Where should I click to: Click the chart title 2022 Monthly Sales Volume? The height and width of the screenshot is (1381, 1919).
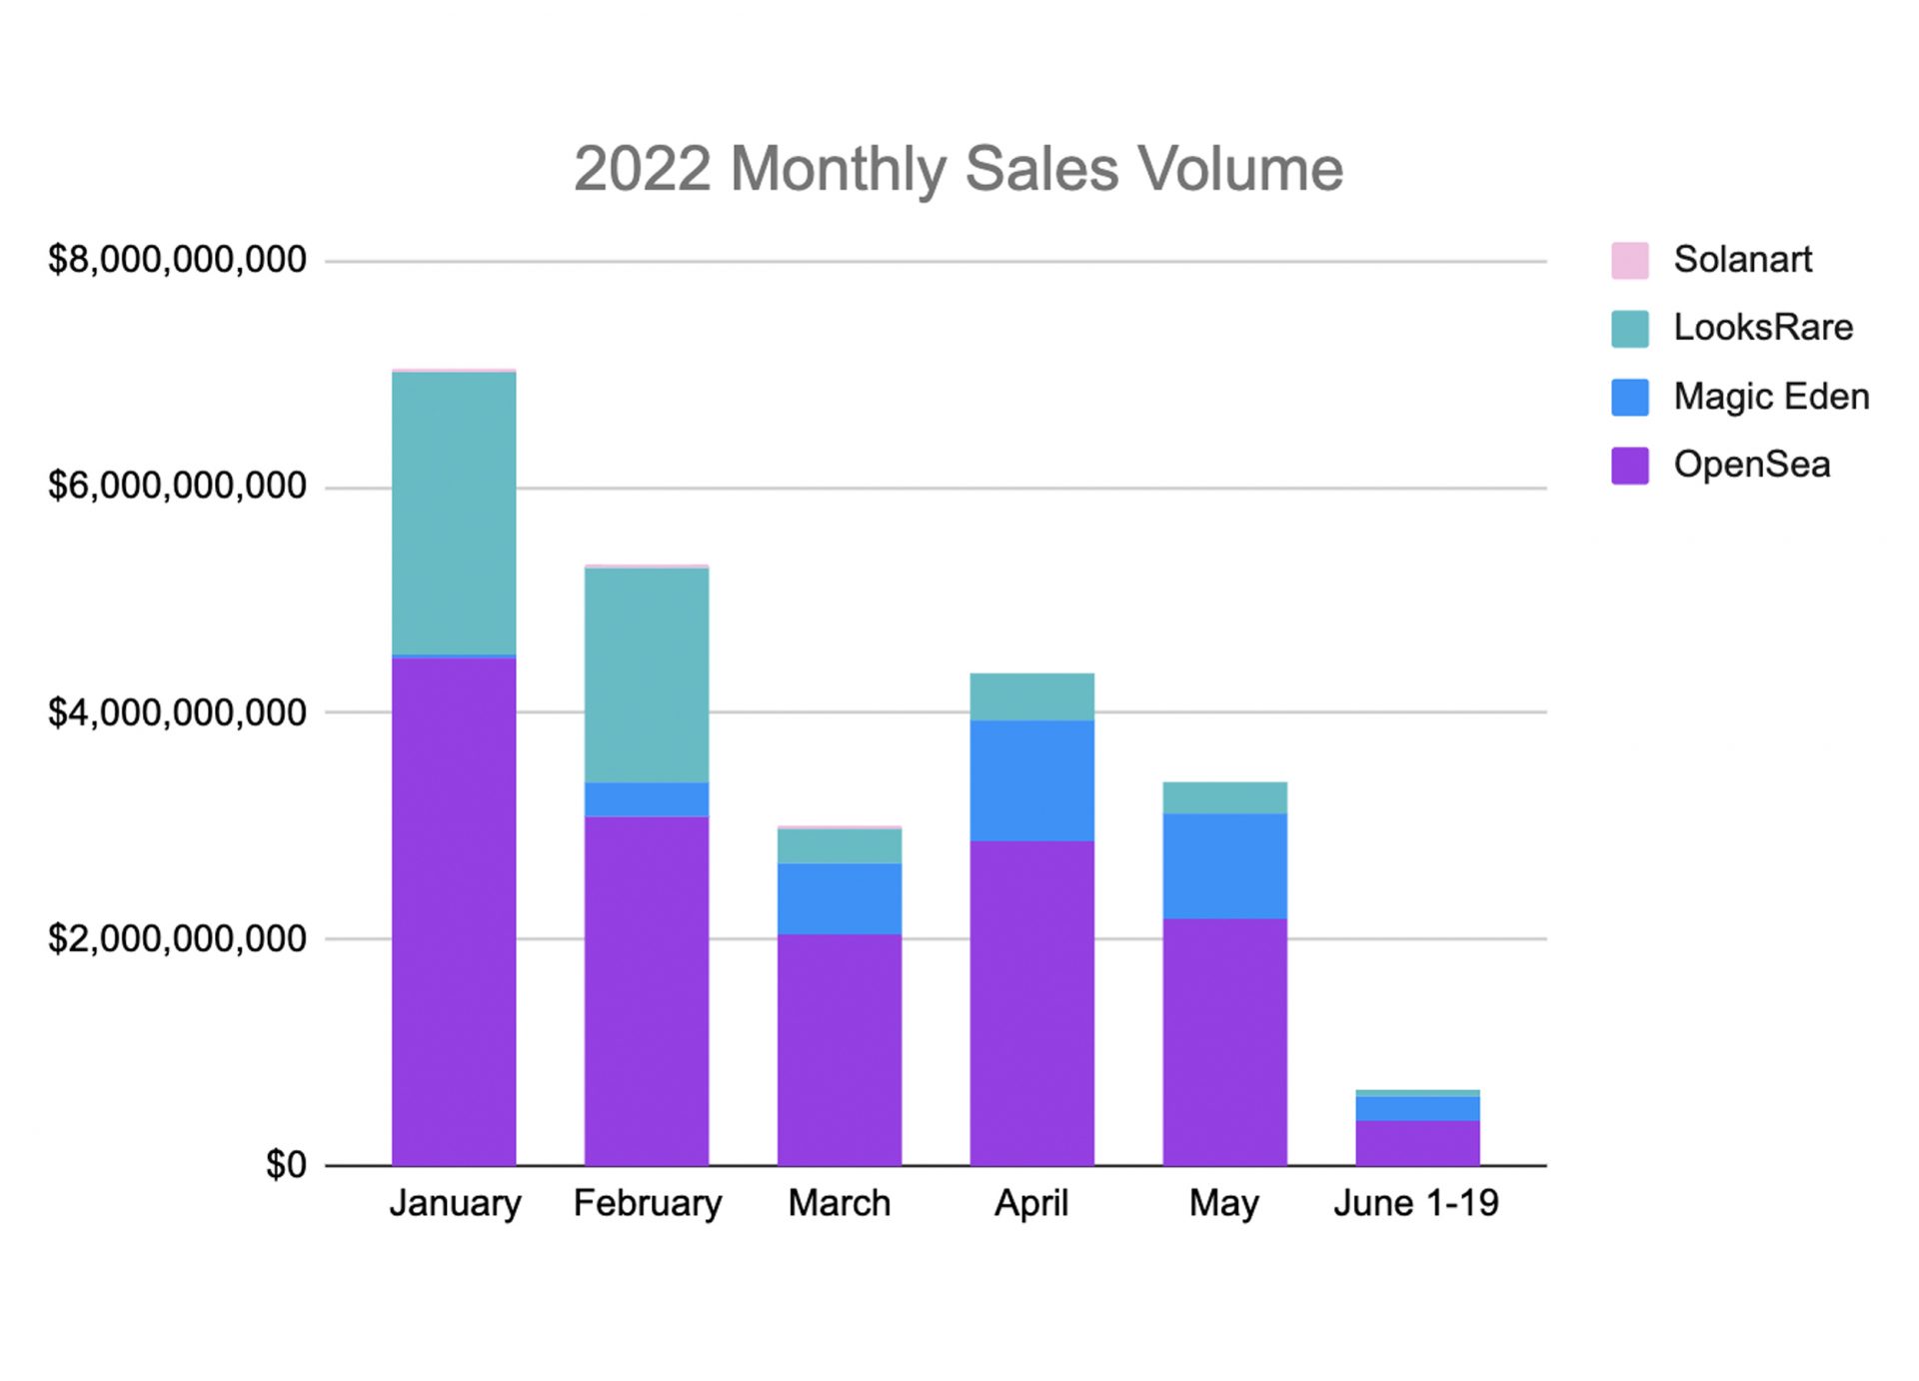coord(958,168)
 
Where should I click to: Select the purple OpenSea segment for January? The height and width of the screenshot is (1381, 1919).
coord(454,909)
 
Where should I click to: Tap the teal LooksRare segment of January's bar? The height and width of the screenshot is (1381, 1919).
coord(454,513)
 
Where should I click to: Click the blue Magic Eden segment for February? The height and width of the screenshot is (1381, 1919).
coord(647,799)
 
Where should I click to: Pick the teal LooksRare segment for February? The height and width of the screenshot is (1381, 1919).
coord(647,675)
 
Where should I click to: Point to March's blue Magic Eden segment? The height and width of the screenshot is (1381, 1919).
coord(840,898)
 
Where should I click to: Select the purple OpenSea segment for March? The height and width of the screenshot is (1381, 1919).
coord(840,1049)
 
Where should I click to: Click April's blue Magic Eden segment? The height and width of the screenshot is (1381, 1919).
coord(1031,780)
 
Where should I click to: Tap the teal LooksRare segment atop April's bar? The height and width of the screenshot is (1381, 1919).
coord(1031,696)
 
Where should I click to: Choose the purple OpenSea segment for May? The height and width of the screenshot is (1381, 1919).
coord(1224,1041)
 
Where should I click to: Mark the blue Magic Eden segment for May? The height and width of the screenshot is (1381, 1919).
coord(1224,865)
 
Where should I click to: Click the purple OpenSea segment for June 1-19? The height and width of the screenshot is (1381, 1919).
coord(1417,1142)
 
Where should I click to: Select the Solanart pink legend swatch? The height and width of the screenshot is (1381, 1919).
coord(1629,260)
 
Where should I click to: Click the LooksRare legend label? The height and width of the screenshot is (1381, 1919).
coord(1763,328)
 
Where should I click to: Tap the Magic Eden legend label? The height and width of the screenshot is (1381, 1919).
coord(1771,397)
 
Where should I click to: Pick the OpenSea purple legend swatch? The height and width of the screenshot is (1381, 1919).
coord(1629,466)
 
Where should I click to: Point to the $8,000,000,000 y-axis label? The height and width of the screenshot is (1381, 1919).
coord(177,260)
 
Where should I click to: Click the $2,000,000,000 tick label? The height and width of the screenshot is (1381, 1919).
coord(177,939)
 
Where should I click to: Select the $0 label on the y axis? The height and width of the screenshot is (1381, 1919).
coord(286,1165)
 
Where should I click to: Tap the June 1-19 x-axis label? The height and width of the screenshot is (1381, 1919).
coord(1416,1203)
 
